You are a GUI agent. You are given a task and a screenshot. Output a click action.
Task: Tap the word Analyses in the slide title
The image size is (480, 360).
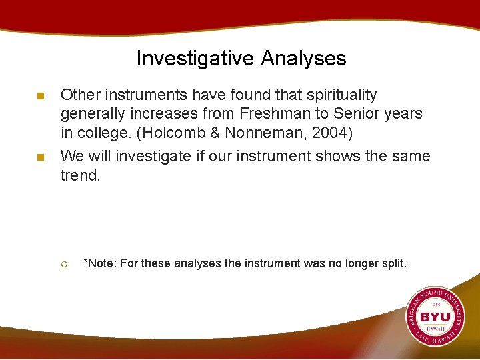(x=304, y=59)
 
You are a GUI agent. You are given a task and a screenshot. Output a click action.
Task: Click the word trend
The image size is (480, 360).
(x=80, y=175)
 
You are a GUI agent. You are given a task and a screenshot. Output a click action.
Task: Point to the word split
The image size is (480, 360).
(x=393, y=263)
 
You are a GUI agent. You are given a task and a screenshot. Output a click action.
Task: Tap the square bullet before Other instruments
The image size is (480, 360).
(x=41, y=97)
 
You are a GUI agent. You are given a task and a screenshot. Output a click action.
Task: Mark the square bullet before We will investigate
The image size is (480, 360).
(x=41, y=158)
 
